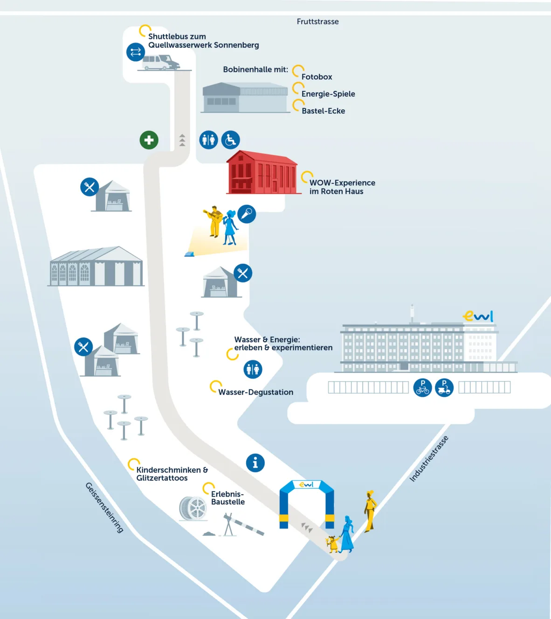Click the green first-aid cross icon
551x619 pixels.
click(149, 140)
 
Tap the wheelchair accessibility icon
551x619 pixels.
click(230, 140)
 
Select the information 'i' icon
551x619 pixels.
click(255, 463)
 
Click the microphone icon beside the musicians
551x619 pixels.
click(247, 214)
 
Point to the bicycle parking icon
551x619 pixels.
click(423, 387)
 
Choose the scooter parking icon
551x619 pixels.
click(444, 387)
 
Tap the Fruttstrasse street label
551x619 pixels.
click(317, 21)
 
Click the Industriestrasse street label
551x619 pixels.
click(429, 458)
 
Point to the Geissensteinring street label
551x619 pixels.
click(104, 507)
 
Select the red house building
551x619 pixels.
click(262, 173)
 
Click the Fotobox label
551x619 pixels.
click(317, 77)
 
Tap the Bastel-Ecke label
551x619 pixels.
click(323, 111)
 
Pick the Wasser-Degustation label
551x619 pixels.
click(255, 393)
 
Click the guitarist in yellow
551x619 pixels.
click(214, 221)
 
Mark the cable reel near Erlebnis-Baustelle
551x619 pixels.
click(193, 508)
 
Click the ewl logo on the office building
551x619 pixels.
click(478, 317)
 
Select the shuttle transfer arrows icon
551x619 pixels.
click(136, 52)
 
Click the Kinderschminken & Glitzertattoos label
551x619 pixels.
click(172, 474)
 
